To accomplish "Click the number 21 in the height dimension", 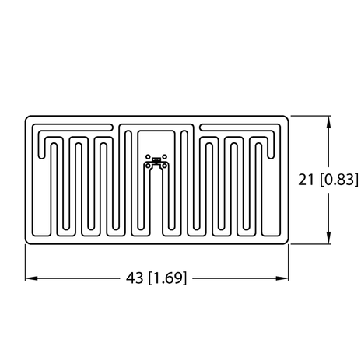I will pos(308,180).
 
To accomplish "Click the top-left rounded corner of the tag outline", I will pos(28,119).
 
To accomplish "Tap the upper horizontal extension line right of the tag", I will pos(311,116).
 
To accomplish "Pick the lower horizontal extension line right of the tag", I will pos(311,244).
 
